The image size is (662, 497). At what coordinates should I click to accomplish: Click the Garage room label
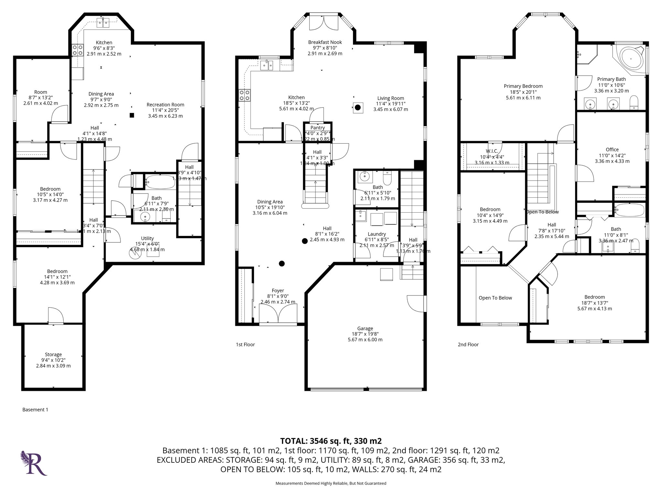(365, 328)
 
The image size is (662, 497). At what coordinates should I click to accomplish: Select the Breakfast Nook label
(325, 42)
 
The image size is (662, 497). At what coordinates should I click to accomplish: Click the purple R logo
(34, 463)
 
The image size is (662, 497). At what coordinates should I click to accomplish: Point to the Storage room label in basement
(53, 355)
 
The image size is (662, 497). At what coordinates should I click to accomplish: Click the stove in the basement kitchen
(77, 50)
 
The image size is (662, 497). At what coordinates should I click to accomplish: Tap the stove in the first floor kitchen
(244, 95)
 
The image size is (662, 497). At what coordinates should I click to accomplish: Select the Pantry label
(317, 128)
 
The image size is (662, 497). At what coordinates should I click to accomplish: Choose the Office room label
(612, 149)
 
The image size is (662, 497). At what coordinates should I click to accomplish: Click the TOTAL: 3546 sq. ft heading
(331, 441)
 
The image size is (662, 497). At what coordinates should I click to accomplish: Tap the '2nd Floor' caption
(468, 345)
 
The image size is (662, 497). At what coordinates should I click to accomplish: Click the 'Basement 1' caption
(35, 410)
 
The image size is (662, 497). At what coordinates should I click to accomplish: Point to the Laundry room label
(377, 234)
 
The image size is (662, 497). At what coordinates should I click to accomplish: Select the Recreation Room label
(165, 105)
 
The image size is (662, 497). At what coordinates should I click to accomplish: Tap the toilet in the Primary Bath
(634, 103)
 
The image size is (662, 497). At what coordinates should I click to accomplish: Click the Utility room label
(147, 238)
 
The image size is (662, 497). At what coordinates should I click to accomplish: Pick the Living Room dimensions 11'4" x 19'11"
(390, 104)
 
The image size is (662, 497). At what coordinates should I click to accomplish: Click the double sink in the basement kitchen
(104, 23)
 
